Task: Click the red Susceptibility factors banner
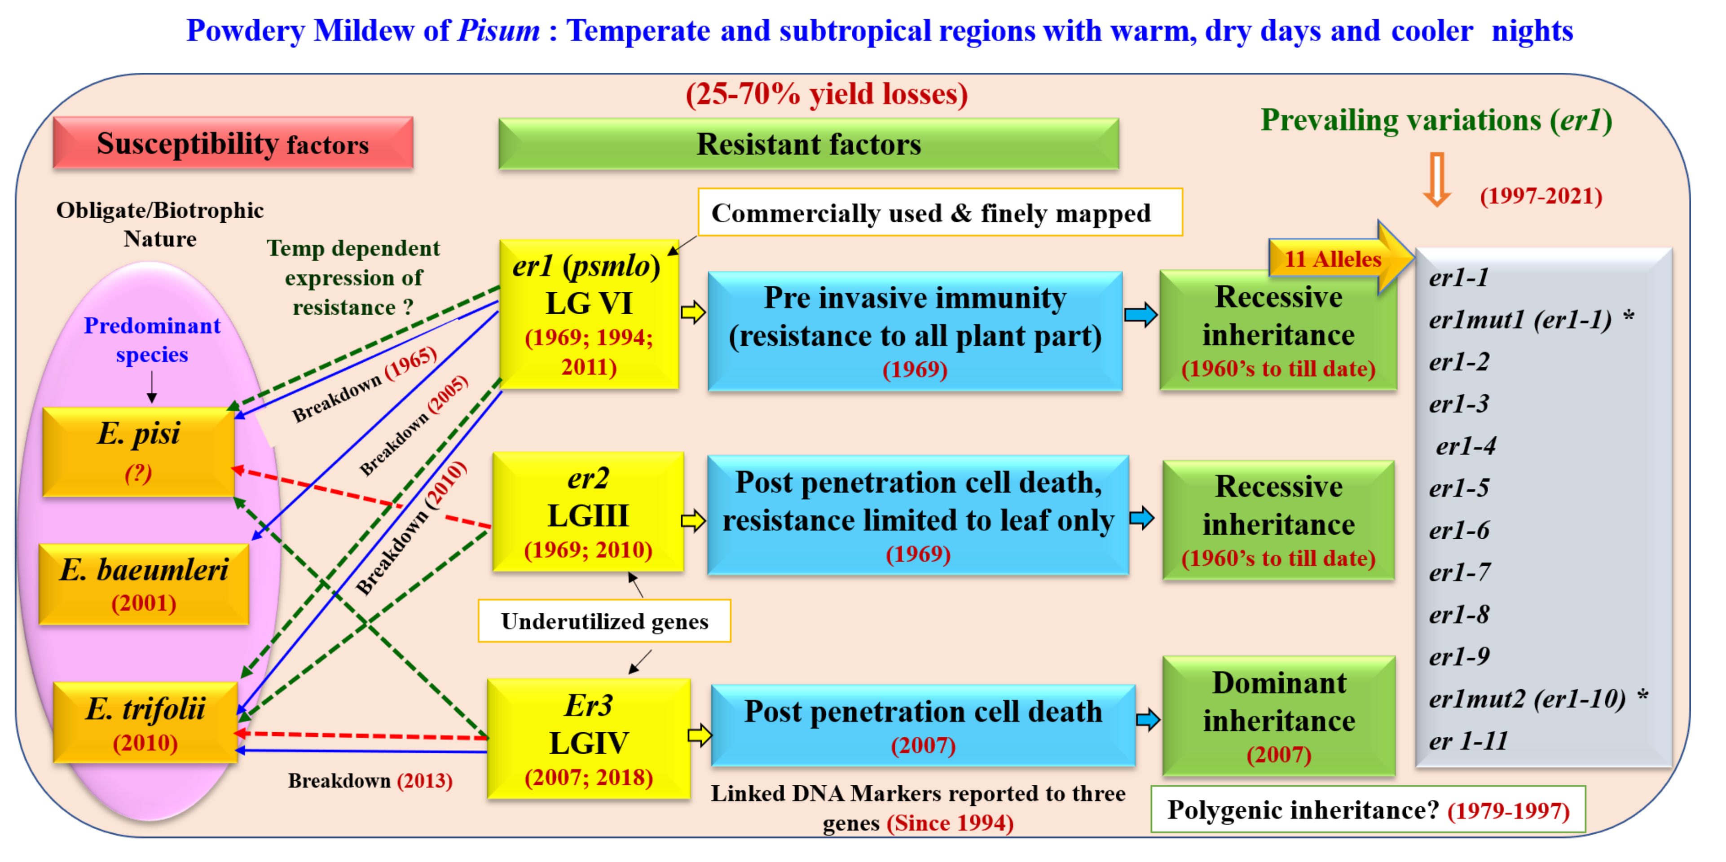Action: point(233,143)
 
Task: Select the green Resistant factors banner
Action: point(808,144)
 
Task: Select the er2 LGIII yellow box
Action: point(588,512)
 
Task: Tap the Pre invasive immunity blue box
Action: point(915,331)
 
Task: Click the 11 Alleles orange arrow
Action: point(1337,259)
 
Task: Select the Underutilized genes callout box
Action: point(604,621)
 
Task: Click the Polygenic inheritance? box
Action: point(1368,810)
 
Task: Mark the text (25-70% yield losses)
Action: point(826,94)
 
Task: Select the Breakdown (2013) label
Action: point(370,781)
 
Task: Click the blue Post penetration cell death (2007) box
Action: point(923,726)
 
